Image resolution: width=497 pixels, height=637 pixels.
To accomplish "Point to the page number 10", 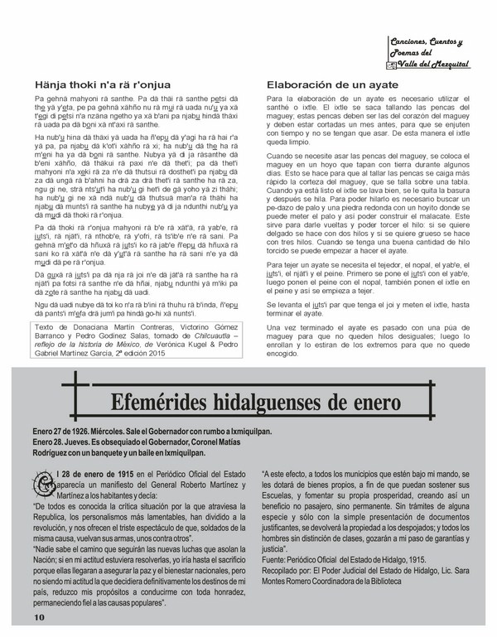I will click(40, 618).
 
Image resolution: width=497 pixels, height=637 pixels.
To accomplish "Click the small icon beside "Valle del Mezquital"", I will click(392, 65).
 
